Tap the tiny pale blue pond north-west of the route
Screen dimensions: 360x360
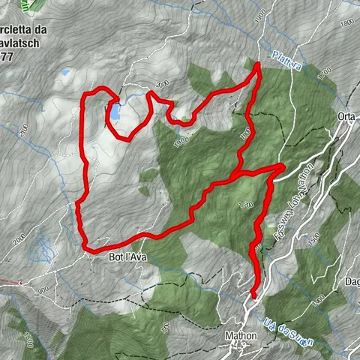[65, 73]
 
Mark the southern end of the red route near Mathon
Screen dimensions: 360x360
[253, 295]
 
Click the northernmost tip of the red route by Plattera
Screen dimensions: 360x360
[259, 65]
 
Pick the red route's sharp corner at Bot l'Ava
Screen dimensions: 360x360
[85, 246]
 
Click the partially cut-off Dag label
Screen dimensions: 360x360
[351, 280]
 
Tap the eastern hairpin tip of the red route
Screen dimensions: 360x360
[281, 166]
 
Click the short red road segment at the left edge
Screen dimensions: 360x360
[9, 283]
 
